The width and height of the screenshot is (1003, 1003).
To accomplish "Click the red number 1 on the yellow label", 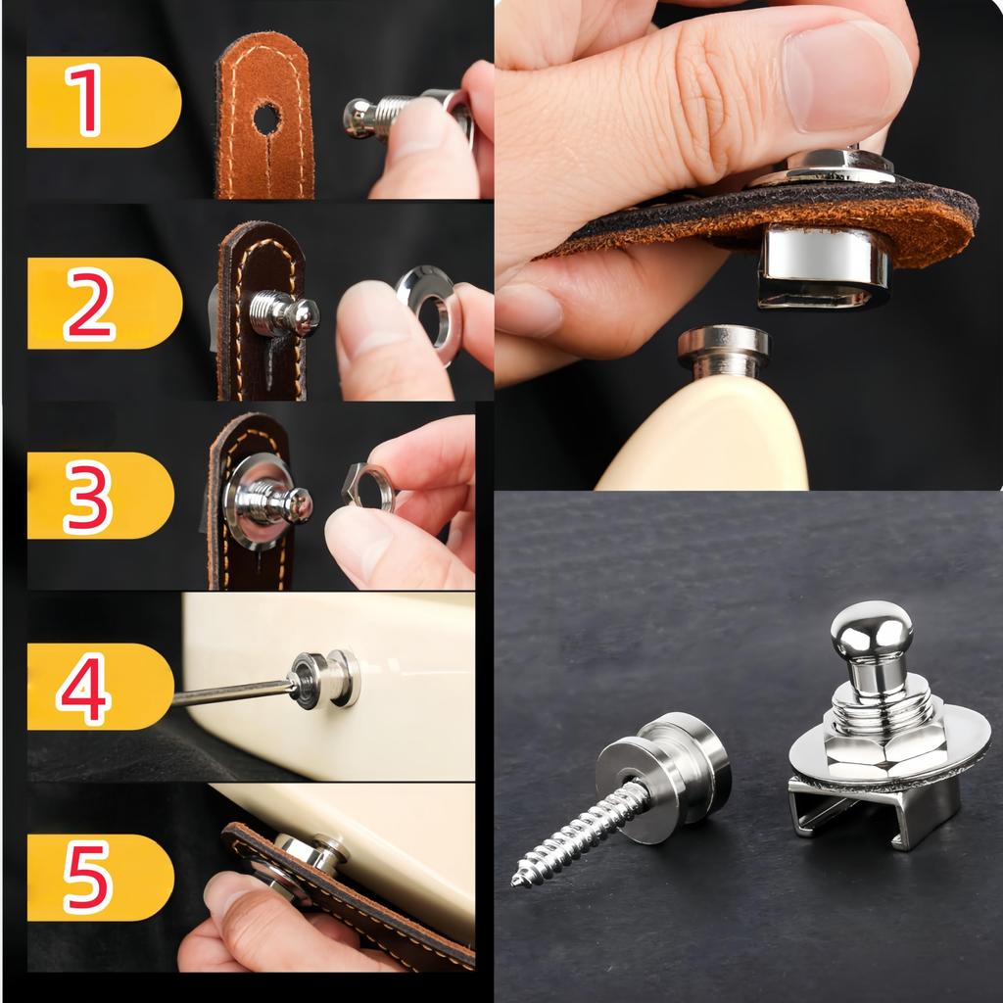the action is click(x=84, y=101).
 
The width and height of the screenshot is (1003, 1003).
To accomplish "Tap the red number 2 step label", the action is click(x=89, y=305).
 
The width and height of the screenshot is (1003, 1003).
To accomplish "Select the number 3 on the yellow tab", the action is click(x=88, y=496).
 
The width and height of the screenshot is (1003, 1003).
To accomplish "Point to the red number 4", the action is click(x=84, y=688).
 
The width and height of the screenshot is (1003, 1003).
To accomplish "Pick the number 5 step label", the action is click(x=87, y=878).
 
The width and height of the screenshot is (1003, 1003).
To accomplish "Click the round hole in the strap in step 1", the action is click(x=266, y=119).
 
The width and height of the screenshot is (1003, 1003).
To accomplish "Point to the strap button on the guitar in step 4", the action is click(x=325, y=680).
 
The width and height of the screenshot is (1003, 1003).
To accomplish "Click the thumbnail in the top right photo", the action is click(x=844, y=75).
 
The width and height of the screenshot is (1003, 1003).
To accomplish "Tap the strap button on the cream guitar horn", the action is click(x=724, y=350).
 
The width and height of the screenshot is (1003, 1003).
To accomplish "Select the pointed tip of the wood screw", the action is click(x=514, y=884).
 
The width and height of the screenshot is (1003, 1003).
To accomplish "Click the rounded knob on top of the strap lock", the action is click(x=872, y=634).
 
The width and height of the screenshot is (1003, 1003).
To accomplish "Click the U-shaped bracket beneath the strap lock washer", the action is click(x=874, y=809).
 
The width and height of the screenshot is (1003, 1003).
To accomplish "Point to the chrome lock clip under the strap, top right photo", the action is click(x=824, y=266).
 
